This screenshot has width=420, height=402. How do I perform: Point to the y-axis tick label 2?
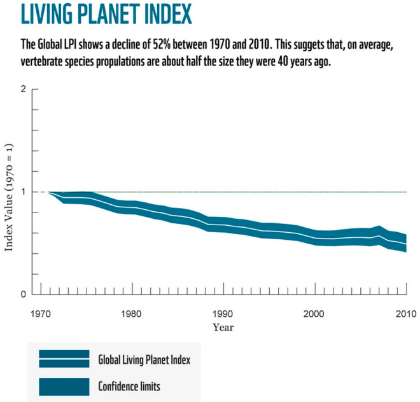coord(24,89)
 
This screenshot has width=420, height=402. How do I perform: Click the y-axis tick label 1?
coord(24,192)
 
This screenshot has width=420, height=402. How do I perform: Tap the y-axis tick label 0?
coord(24,295)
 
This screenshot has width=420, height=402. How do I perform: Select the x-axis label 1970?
coord(41,314)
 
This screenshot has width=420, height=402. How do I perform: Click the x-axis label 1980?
coord(132,314)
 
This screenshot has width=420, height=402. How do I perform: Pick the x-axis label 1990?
coord(223,314)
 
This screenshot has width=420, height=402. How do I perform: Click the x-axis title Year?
coord(223,328)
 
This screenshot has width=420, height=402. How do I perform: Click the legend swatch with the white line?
coord(64,359)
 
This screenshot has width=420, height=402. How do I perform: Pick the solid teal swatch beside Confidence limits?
coord(64,385)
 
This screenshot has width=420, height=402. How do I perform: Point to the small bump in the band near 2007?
coord(379,230)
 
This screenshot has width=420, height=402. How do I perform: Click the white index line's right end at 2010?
coord(405,244)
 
